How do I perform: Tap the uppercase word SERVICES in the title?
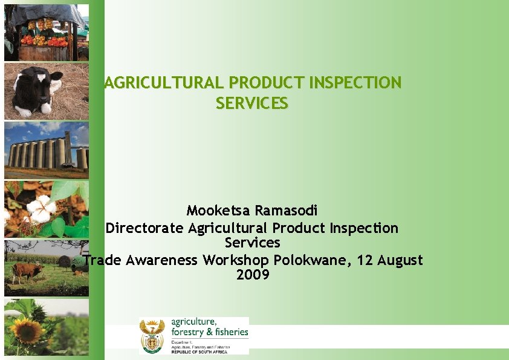(252, 103)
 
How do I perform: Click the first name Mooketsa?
(218, 211)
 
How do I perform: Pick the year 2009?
(253, 275)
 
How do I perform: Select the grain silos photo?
(47, 150)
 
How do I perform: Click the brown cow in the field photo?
(27, 270)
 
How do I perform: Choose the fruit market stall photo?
(47, 33)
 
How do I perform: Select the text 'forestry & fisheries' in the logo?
(210, 332)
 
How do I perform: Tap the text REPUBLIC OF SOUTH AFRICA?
(199, 352)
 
